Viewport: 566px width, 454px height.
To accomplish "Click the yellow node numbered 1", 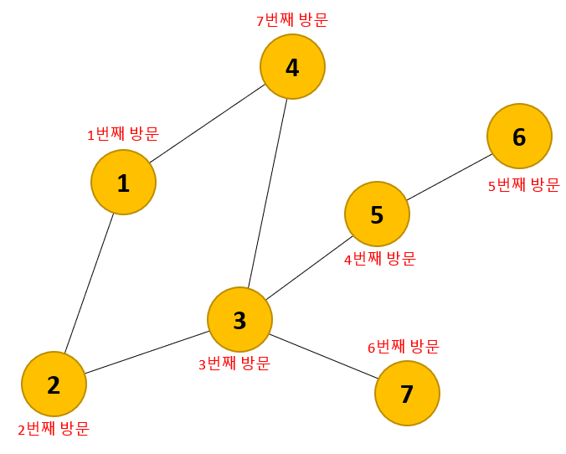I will (x=123, y=183).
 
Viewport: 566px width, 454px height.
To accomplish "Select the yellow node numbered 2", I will (x=54, y=384).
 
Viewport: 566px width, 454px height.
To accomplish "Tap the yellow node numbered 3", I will (x=239, y=319).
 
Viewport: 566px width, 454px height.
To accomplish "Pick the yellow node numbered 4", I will (x=292, y=66).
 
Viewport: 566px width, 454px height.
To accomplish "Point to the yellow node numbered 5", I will (x=377, y=214).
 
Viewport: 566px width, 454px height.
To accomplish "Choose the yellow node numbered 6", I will (x=519, y=137).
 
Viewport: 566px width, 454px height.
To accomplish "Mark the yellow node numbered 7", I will (x=407, y=393).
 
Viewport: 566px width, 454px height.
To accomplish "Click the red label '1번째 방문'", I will (x=123, y=133).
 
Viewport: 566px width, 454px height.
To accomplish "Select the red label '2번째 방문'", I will (x=54, y=429).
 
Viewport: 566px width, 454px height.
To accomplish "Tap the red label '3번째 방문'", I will (x=234, y=364).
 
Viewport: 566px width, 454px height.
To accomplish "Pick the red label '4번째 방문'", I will (x=380, y=259).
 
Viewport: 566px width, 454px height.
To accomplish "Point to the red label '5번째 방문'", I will (x=523, y=185).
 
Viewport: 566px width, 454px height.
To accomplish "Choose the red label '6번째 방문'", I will (x=404, y=347).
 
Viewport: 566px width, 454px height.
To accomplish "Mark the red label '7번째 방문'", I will (x=291, y=19).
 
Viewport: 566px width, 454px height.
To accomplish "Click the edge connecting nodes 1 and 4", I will (x=208, y=124).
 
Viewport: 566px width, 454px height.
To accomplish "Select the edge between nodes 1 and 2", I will (x=90, y=282).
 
